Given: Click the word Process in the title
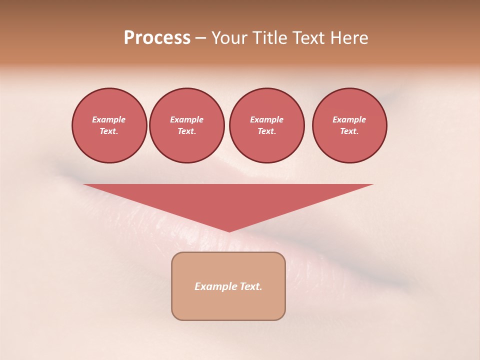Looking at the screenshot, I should coord(157,38).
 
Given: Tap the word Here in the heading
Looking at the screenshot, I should coord(350,38).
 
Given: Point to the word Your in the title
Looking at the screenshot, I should coord(229,38).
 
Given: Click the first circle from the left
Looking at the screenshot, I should coord(109,125).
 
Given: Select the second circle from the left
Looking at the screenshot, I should coord(187,125).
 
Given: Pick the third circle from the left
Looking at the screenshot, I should coord(267,125).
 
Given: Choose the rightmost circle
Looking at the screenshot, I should coord(349,125).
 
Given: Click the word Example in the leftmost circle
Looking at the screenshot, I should coord(109,119).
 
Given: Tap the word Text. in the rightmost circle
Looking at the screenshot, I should coord(349,131).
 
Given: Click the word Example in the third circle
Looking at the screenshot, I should coord(266,119).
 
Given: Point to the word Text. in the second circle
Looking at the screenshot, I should coord(187,131).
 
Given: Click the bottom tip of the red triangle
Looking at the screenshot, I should coord(229,230).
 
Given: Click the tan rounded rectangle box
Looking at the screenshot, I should coord(228,305).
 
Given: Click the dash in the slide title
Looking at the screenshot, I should coord(200,38).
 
